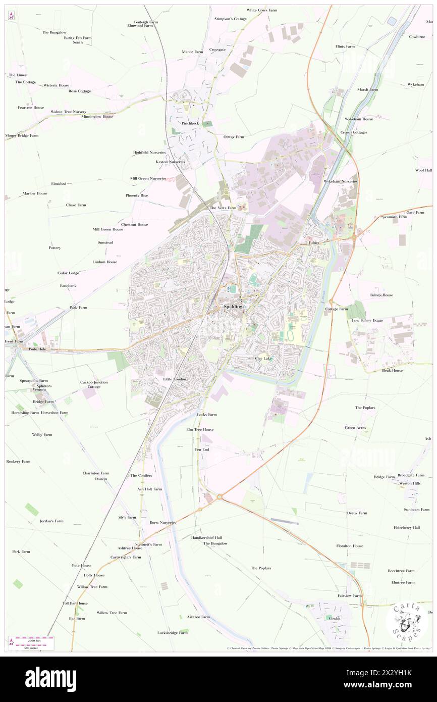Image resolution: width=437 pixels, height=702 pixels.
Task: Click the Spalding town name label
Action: pyautogui.click(x=230, y=307)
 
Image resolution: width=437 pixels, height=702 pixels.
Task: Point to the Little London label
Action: pyautogui.click(x=175, y=379)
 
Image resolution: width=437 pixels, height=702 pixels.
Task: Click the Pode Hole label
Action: pyautogui.click(x=38, y=348)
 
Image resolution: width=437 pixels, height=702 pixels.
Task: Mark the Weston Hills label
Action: pyautogui.click(x=409, y=483)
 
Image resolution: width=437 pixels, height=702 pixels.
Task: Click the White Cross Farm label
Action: pyautogui.click(x=262, y=10)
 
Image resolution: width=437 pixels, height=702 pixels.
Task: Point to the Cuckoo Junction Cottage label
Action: pyautogui.click(x=94, y=384)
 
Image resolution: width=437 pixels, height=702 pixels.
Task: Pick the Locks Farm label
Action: pyautogui.click(x=206, y=414)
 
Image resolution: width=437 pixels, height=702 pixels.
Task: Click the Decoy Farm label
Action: pyautogui.click(x=357, y=513)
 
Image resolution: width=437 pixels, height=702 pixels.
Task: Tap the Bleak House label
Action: pyautogui.click(x=392, y=370)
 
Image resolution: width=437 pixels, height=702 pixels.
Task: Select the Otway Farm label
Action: pyautogui.click(x=234, y=136)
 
